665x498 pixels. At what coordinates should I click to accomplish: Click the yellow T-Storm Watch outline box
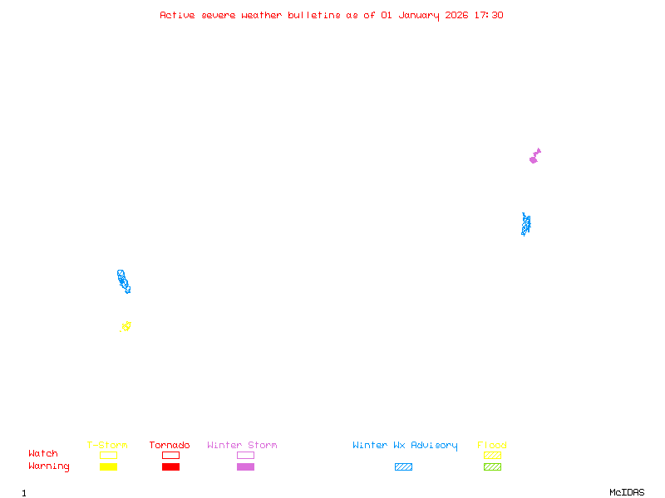[108, 455]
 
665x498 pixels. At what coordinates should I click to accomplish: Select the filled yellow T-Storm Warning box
[108, 467]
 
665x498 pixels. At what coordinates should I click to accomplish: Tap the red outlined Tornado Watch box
[170, 455]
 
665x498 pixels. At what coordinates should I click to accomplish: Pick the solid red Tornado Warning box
[170, 467]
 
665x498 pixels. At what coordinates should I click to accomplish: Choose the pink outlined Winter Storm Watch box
[245, 455]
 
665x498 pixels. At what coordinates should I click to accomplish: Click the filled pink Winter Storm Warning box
[245, 467]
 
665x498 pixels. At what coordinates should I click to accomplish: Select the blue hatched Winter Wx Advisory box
[403, 467]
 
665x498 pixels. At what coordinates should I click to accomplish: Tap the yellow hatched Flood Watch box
[492, 455]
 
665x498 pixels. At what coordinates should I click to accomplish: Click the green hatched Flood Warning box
[492, 467]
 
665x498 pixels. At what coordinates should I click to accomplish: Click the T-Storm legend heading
[107, 446]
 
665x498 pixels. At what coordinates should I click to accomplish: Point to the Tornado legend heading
[170, 446]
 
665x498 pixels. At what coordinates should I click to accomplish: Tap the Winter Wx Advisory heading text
[405, 446]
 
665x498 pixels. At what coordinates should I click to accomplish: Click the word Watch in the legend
[43, 454]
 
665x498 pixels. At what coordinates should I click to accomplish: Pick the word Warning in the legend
[49, 466]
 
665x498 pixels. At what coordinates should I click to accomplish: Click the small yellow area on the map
[126, 326]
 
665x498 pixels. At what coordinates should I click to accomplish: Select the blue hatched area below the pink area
[525, 224]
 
